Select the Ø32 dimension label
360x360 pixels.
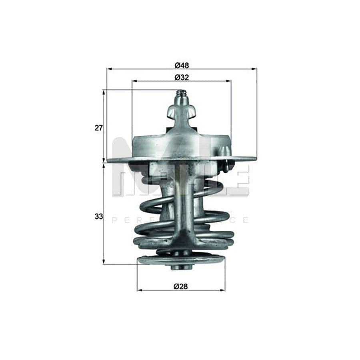coord(181,78)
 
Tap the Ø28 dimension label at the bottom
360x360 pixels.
coord(181,286)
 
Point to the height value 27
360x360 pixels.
coord(99,128)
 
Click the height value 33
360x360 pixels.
coord(99,216)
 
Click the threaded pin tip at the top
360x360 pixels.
coord(181,96)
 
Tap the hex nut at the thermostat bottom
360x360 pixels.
coord(181,266)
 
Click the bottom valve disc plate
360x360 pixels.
coord(181,259)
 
